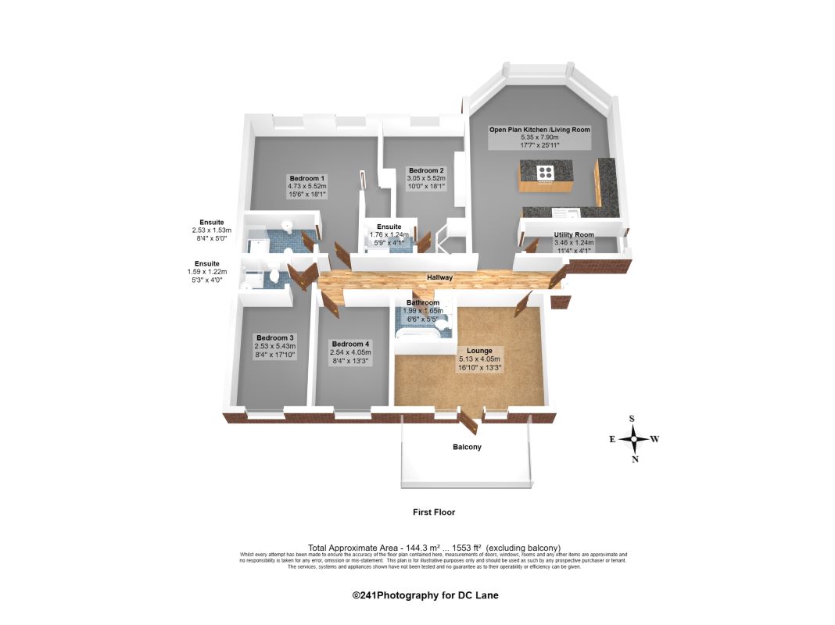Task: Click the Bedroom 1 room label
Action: point(306,178)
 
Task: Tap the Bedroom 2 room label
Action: point(426,170)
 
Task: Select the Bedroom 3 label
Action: point(274,337)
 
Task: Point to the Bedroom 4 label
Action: point(349,344)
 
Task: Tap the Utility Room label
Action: point(574,234)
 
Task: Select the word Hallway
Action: point(439,277)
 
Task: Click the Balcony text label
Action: point(467,448)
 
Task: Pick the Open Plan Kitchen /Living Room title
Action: point(539,130)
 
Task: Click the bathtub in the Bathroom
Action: point(422,335)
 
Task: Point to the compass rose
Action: point(634,439)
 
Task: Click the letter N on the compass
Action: point(635,459)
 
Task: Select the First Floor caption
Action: point(434,512)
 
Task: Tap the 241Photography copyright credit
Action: point(425,595)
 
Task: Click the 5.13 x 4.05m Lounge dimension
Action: point(479,359)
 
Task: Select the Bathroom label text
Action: point(423,302)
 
